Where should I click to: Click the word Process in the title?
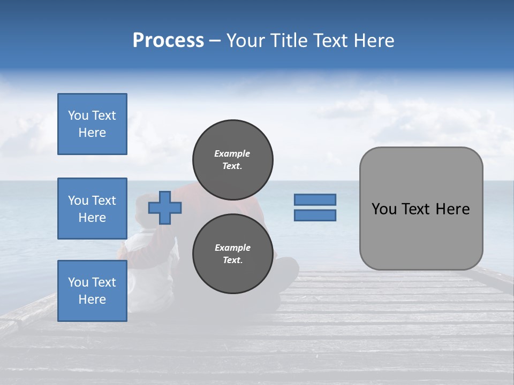[x=168, y=41]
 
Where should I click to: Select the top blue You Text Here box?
[x=92, y=124]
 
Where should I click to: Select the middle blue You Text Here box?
[x=92, y=209]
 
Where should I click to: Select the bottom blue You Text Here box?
[x=92, y=291]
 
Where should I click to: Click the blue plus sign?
[x=165, y=207]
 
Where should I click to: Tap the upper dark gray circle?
[x=232, y=160]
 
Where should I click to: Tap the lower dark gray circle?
[x=232, y=254]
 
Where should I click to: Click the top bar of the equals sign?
[x=315, y=199]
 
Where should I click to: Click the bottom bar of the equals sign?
[x=315, y=215]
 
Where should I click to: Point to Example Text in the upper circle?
[x=232, y=160]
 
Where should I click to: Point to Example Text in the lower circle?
[x=232, y=254]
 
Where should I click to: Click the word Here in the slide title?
[x=373, y=41]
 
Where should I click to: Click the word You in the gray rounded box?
[x=384, y=209]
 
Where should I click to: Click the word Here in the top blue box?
[x=92, y=133]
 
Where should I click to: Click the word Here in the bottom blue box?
[x=92, y=299]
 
